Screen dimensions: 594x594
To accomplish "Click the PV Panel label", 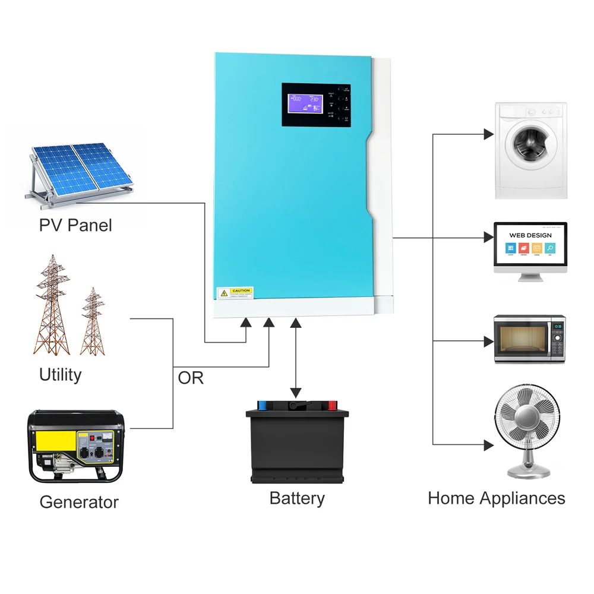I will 75,226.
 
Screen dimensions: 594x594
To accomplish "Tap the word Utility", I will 60,375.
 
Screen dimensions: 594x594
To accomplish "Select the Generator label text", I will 79,502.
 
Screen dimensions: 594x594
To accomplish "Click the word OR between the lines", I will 191,378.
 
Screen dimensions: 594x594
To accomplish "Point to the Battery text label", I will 297,498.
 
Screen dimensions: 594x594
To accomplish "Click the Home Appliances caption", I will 496,498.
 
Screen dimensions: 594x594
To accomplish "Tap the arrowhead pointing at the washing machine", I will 488,134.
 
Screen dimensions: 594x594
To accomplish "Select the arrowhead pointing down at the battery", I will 296,393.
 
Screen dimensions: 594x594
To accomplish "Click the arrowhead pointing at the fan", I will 488,444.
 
